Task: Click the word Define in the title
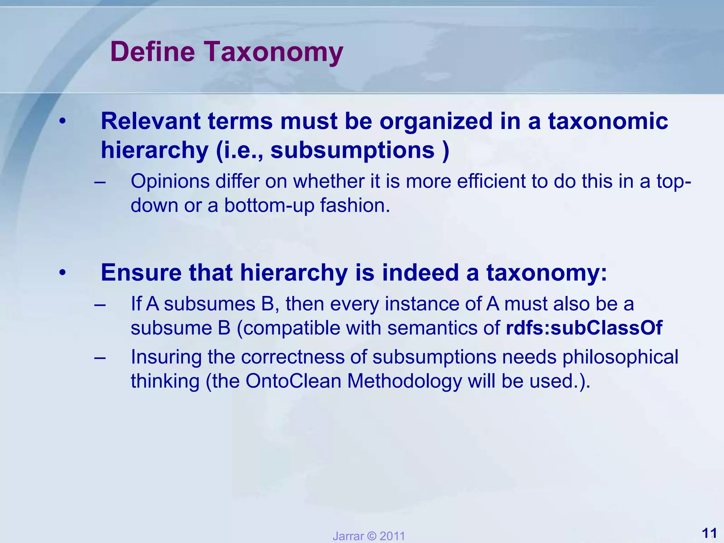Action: coord(152,52)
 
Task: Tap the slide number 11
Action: coord(709,533)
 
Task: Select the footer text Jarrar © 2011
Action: coord(368,536)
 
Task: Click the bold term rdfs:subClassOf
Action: coord(584,328)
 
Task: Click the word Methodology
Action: coord(404,381)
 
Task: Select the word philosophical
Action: coord(620,357)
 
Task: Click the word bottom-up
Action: coord(269,205)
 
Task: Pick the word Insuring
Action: coord(166,357)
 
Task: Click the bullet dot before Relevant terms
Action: coord(63,122)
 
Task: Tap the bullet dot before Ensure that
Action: coord(63,273)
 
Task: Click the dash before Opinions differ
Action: coord(100,182)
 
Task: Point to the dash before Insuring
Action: coord(100,357)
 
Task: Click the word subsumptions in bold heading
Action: coord(352,150)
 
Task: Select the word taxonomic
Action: coord(608,121)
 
